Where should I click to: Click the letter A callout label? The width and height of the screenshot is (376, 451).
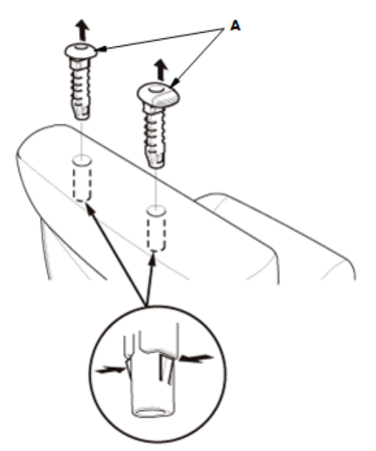(x=236, y=26)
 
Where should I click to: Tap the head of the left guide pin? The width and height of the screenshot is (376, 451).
(x=81, y=51)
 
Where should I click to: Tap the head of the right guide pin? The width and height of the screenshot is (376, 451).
(x=158, y=94)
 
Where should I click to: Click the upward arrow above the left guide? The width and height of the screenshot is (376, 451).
(x=83, y=29)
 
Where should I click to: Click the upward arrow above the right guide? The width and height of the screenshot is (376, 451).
(x=161, y=70)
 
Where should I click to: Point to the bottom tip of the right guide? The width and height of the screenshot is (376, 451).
(x=157, y=167)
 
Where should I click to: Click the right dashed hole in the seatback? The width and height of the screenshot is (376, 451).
(x=156, y=228)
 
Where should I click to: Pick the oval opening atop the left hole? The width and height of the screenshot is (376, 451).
(x=81, y=160)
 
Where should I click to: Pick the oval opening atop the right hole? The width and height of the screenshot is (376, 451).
(x=156, y=210)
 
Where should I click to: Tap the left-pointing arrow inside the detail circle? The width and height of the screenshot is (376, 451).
(x=197, y=359)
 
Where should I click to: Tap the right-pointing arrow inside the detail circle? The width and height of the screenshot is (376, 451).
(x=111, y=369)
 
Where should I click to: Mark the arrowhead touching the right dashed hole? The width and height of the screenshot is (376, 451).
(x=152, y=258)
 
